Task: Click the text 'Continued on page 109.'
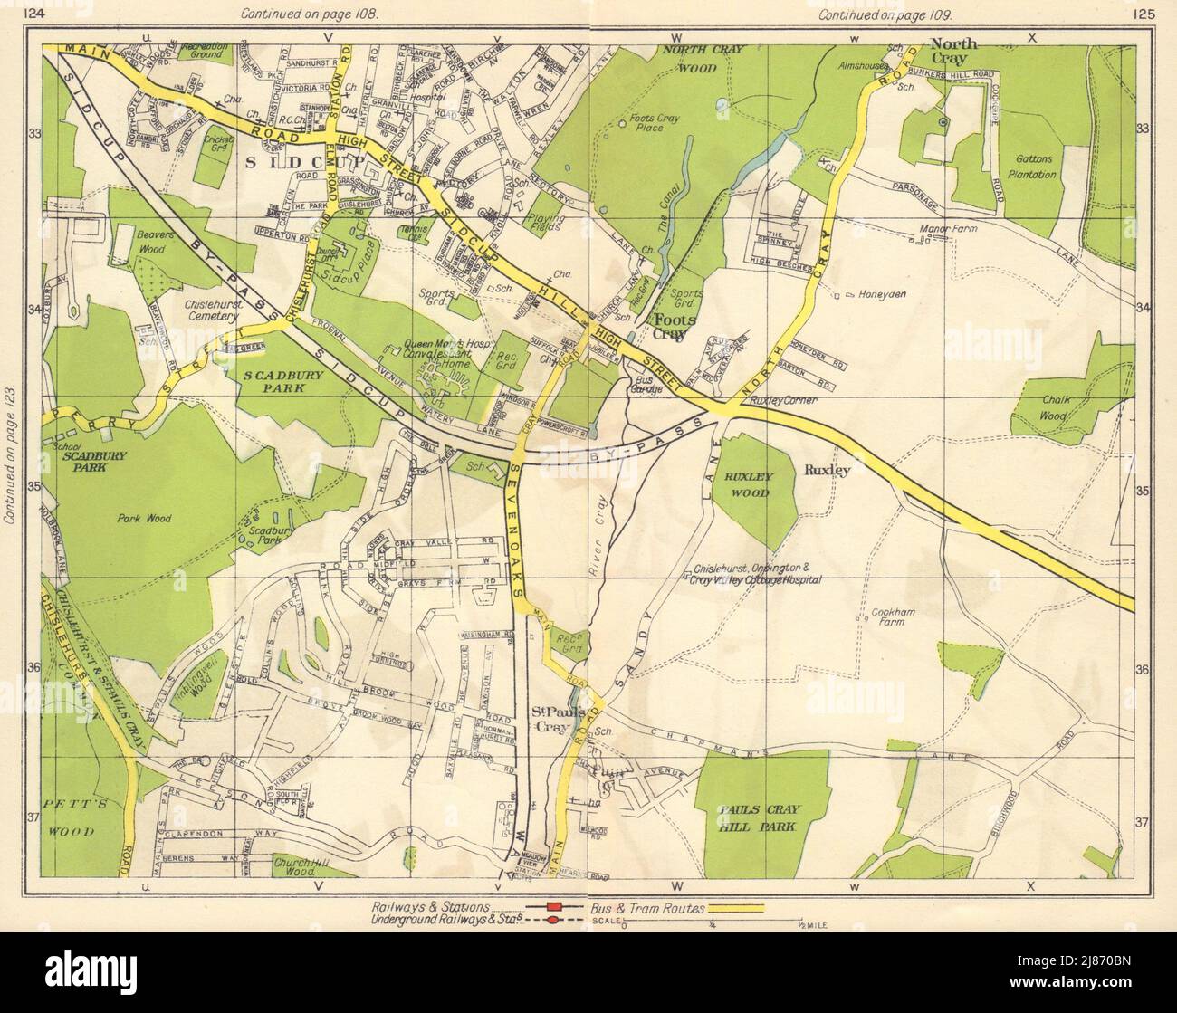tap(876, 14)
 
